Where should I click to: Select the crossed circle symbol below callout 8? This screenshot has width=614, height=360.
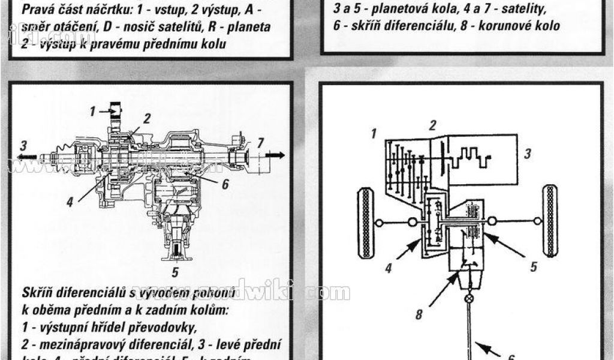click(x=469, y=298)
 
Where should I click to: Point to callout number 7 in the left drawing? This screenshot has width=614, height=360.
click(x=260, y=143)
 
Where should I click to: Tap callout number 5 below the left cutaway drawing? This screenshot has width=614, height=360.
click(x=175, y=272)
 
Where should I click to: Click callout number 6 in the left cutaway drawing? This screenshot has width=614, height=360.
click(x=225, y=184)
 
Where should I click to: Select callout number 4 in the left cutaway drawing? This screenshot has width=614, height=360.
click(x=70, y=202)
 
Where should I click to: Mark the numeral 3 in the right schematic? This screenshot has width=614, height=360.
click(x=527, y=154)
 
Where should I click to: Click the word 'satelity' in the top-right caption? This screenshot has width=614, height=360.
click(x=523, y=9)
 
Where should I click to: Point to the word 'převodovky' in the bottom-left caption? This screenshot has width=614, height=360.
click(x=161, y=327)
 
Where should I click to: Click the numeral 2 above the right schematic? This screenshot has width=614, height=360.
click(x=432, y=125)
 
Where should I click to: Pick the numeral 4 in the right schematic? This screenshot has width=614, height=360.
click(x=389, y=268)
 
